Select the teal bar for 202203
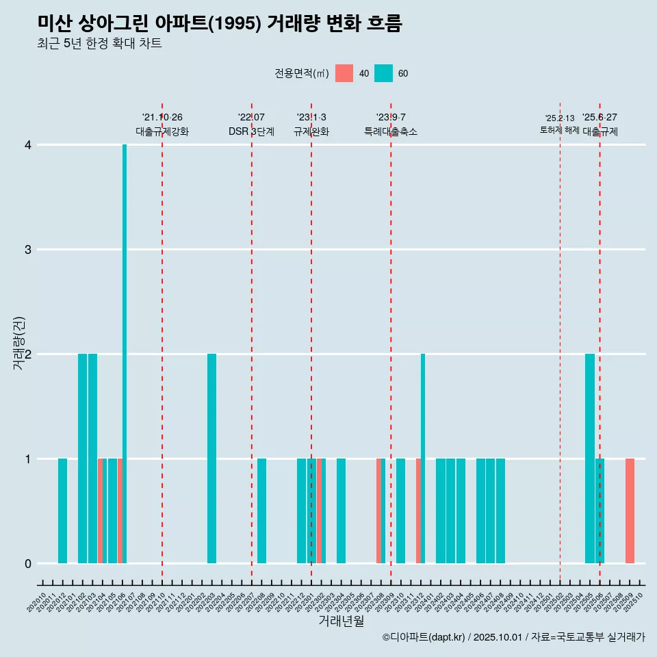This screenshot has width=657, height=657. pyautogui.click(x=211, y=459)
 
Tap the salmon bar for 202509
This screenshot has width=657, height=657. pyautogui.click(x=630, y=511)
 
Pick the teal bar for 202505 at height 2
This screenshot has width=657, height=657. pyautogui.click(x=590, y=459)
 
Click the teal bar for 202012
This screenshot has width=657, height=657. pyautogui.click(x=62, y=511)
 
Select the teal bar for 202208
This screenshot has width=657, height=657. pyautogui.click(x=261, y=511)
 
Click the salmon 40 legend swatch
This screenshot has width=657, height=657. pyautogui.click(x=344, y=73)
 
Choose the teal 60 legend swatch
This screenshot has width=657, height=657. pyautogui.click(x=384, y=73)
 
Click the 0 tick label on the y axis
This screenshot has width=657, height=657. pyautogui.click(x=28, y=563)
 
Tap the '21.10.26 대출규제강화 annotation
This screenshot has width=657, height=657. pyautogui.click(x=162, y=125)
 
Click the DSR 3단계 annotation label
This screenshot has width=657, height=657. pyautogui.click(x=251, y=131)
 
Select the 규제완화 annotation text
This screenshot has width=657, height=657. pyautogui.click(x=311, y=131)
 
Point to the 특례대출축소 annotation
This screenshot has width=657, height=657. pyautogui.click(x=391, y=131)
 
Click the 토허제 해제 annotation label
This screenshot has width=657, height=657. pyautogui.click(x=559, y=130)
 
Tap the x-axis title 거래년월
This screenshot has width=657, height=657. pyautogui.click(x=341, y=621)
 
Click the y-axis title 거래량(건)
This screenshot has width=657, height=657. pyautogui.click(x=18, y=343)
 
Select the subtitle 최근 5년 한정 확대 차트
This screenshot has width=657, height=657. pyautogui.click(x=99, y=44)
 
